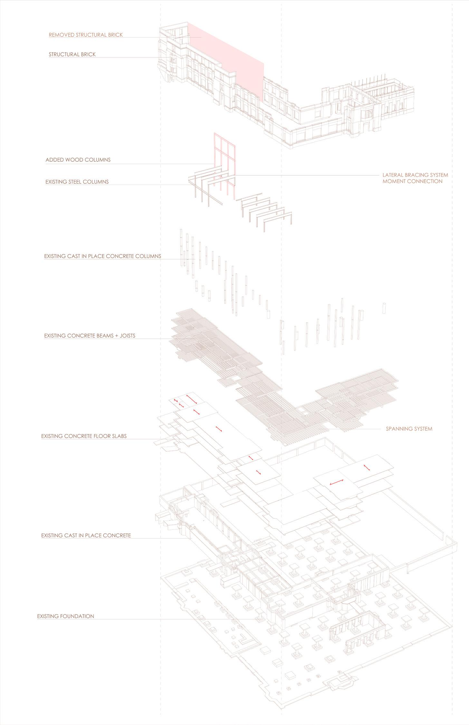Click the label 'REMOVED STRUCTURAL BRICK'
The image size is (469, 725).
[86, 35]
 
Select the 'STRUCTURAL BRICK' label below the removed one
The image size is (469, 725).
[72, 54]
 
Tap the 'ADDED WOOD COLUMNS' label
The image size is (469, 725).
[78, 160]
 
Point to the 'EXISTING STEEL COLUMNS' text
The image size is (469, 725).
[77, 182]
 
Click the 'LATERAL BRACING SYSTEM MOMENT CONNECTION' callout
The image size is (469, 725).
[415, 178]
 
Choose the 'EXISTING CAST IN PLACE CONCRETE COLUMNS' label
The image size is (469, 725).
[102, 256]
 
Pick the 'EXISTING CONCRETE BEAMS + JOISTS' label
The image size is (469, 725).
[90, 336]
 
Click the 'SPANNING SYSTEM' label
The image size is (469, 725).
[409, 429]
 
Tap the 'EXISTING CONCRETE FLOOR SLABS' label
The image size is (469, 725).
[84, 436]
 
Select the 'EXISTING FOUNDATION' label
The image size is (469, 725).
[66, 616]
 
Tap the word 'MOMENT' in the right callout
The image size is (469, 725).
[394, 181]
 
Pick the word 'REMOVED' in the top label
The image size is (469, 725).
[62, 35]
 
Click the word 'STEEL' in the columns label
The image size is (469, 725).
[73, 182]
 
